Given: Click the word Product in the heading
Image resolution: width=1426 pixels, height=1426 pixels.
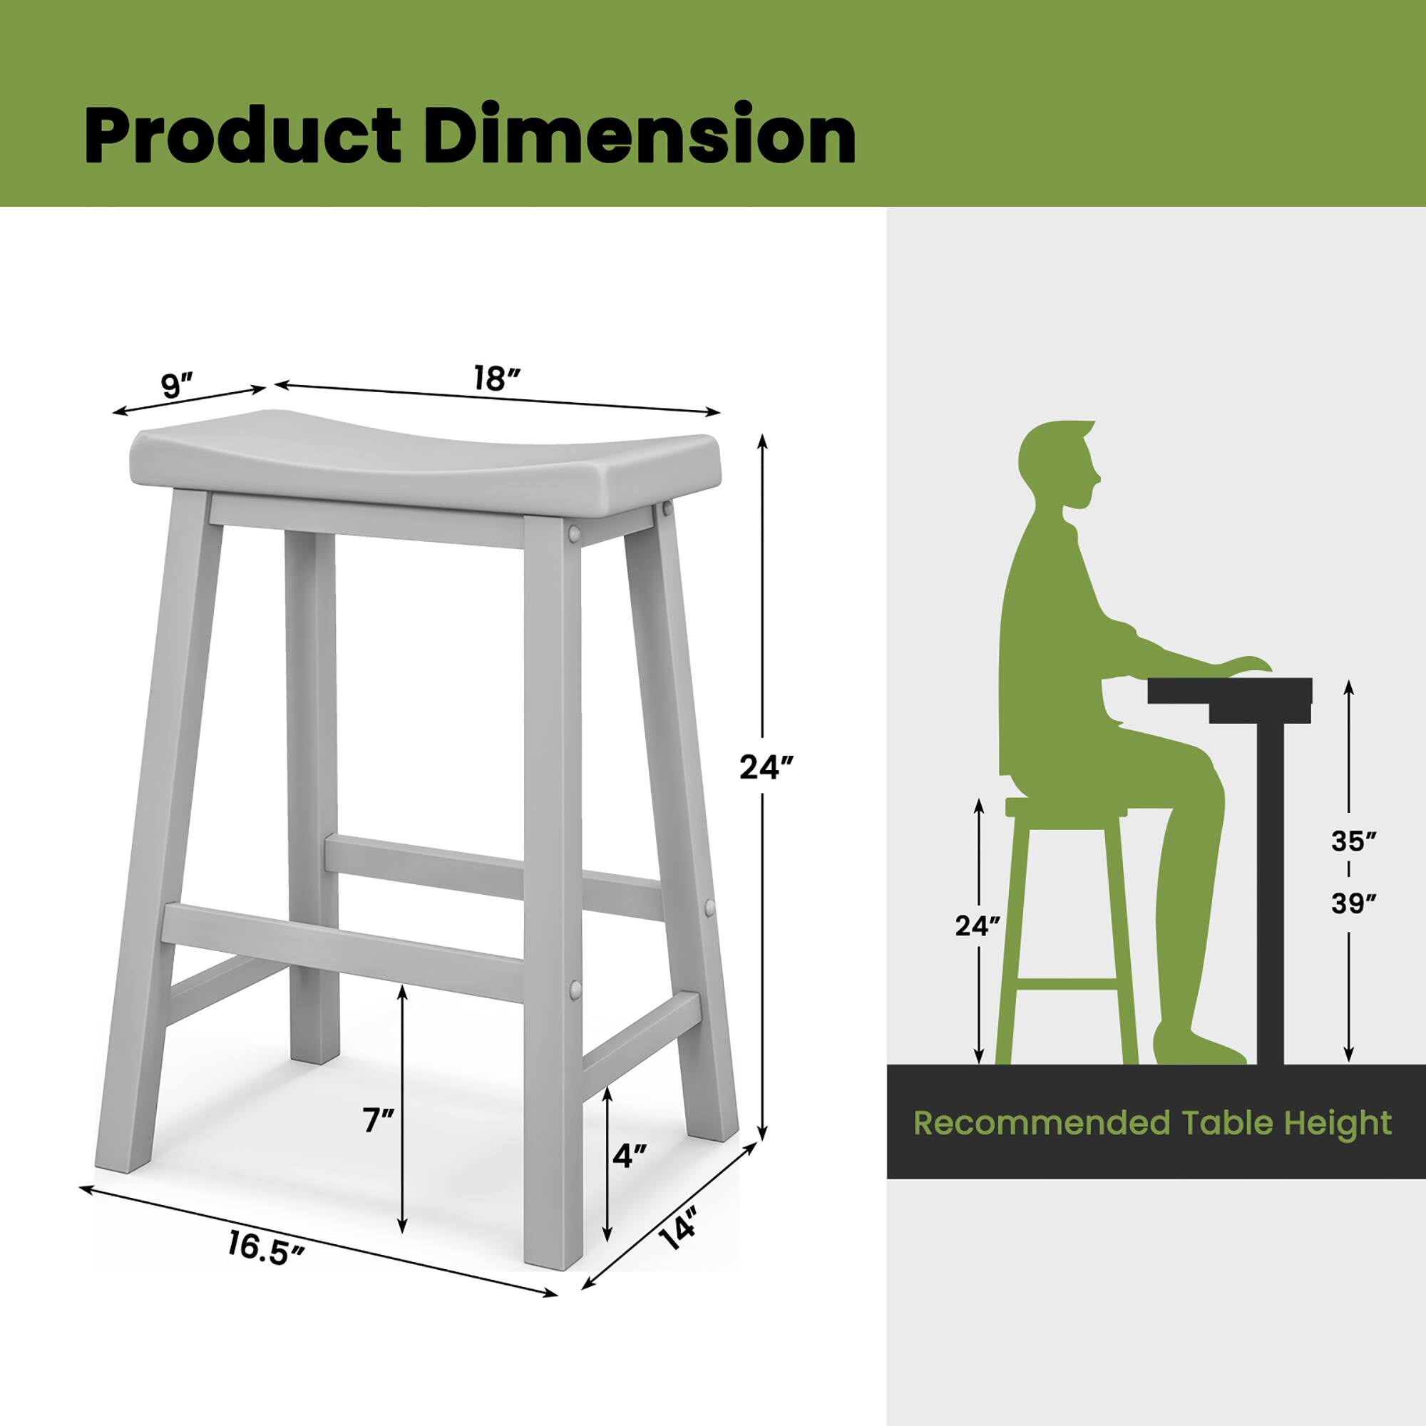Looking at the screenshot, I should pyautogui.click(x=242, y=138).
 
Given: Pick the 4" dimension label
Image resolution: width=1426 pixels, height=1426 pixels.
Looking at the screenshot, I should pyautogui.click(x=630, y=1155).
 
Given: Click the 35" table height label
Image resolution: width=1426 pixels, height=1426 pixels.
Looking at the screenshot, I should pyautogui.click(x=1350, y=841).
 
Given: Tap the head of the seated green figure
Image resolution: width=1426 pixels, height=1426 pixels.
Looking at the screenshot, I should pyautogui.click(x=1060, y=465).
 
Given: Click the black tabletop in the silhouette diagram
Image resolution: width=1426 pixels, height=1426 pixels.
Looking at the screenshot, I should pyautogui.click(x=1230, y=691).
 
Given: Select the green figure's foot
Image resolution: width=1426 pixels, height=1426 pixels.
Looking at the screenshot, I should pyautogui.click(x=1196, y=1047).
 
